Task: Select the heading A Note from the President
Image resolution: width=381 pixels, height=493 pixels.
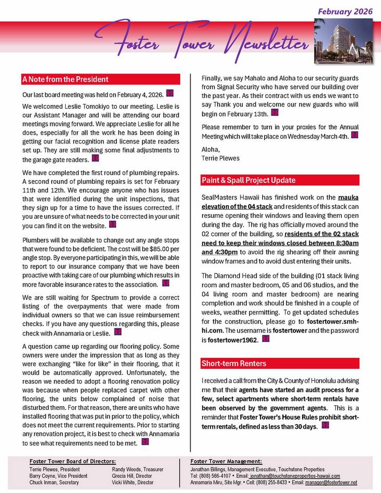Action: (66, 79)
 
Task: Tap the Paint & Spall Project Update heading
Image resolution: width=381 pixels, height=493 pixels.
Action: (248, 180)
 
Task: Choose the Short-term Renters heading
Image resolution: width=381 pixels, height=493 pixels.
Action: (234, 363)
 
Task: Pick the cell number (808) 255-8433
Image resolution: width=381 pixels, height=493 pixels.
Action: (276, 483)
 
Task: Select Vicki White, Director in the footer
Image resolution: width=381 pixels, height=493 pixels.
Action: (133, 483)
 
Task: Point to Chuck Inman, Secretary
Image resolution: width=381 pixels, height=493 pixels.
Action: (55, 483)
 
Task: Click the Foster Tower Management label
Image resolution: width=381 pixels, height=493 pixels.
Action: (226, 462)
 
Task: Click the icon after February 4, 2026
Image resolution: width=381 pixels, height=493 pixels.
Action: (169, 94)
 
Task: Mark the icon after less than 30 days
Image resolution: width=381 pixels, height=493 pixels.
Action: (326, 425)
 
